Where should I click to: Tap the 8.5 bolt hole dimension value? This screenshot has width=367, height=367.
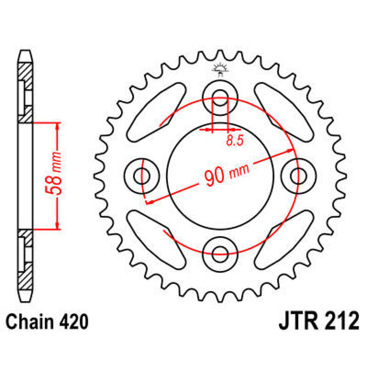[x=235, y=140]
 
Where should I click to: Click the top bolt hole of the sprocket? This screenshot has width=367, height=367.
[x=220, y=95]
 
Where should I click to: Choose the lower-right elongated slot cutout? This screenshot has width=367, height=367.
[x=284, y=239]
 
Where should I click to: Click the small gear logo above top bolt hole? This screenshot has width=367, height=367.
[x=220, y=69]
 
